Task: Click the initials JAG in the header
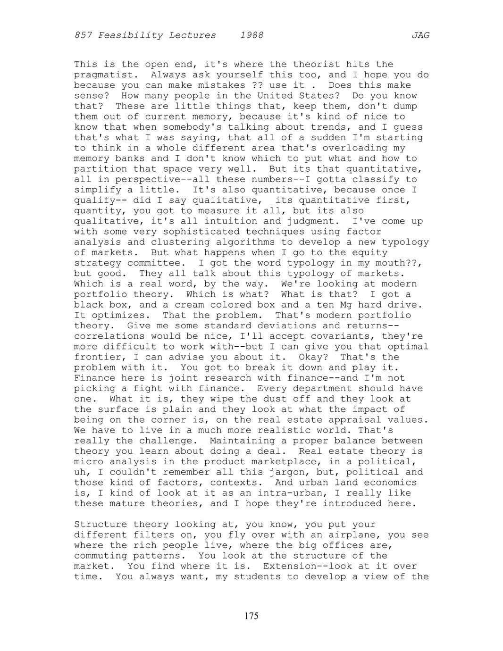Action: (x=420, y=35)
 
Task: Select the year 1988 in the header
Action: (x=251, y=35)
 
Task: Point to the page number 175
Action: (x=251, y=616)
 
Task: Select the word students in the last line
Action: (x=251, y=576)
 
